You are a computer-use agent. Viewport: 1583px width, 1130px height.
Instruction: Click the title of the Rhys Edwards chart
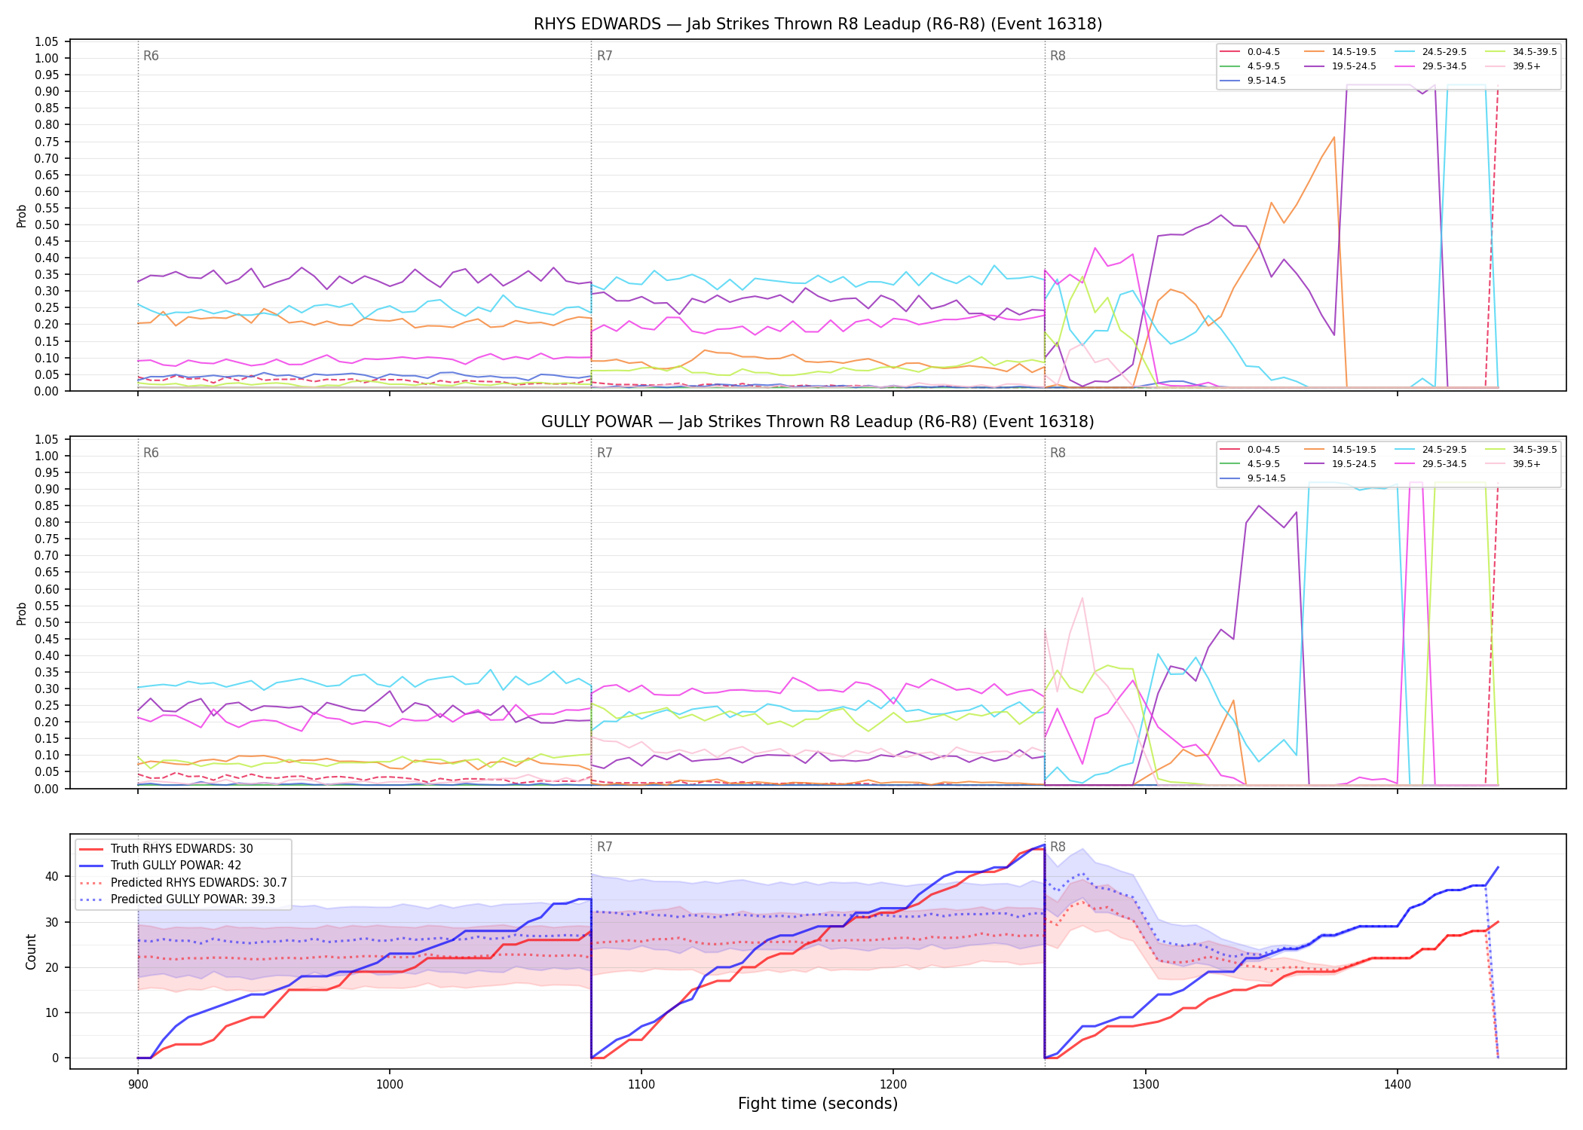pos(818,24)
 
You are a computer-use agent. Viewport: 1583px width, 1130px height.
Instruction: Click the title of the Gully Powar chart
pos(818,422)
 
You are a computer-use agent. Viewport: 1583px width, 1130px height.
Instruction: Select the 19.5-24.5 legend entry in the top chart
pos(1340,66)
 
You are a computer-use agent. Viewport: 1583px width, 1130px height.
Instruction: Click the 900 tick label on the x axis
pos(138,1085)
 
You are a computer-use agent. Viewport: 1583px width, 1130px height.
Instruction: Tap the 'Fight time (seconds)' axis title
pos(818,1104)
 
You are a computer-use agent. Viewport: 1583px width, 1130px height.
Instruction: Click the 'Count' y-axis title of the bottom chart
pos(31,951)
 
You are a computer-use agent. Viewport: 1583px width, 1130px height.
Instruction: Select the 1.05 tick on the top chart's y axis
pos(47,41)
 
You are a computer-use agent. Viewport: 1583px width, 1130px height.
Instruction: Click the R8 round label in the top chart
pos(1058,56)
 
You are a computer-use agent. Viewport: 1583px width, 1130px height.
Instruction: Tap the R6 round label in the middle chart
pos(151,454)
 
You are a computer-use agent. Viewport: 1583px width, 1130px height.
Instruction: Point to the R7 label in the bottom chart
pos(605,847)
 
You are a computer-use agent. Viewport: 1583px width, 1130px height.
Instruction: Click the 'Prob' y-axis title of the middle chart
pos(22,613)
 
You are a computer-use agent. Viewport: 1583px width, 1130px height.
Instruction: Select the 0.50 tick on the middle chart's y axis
pos(47,622)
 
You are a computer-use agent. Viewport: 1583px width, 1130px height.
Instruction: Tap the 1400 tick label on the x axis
pos(1398,1085)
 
